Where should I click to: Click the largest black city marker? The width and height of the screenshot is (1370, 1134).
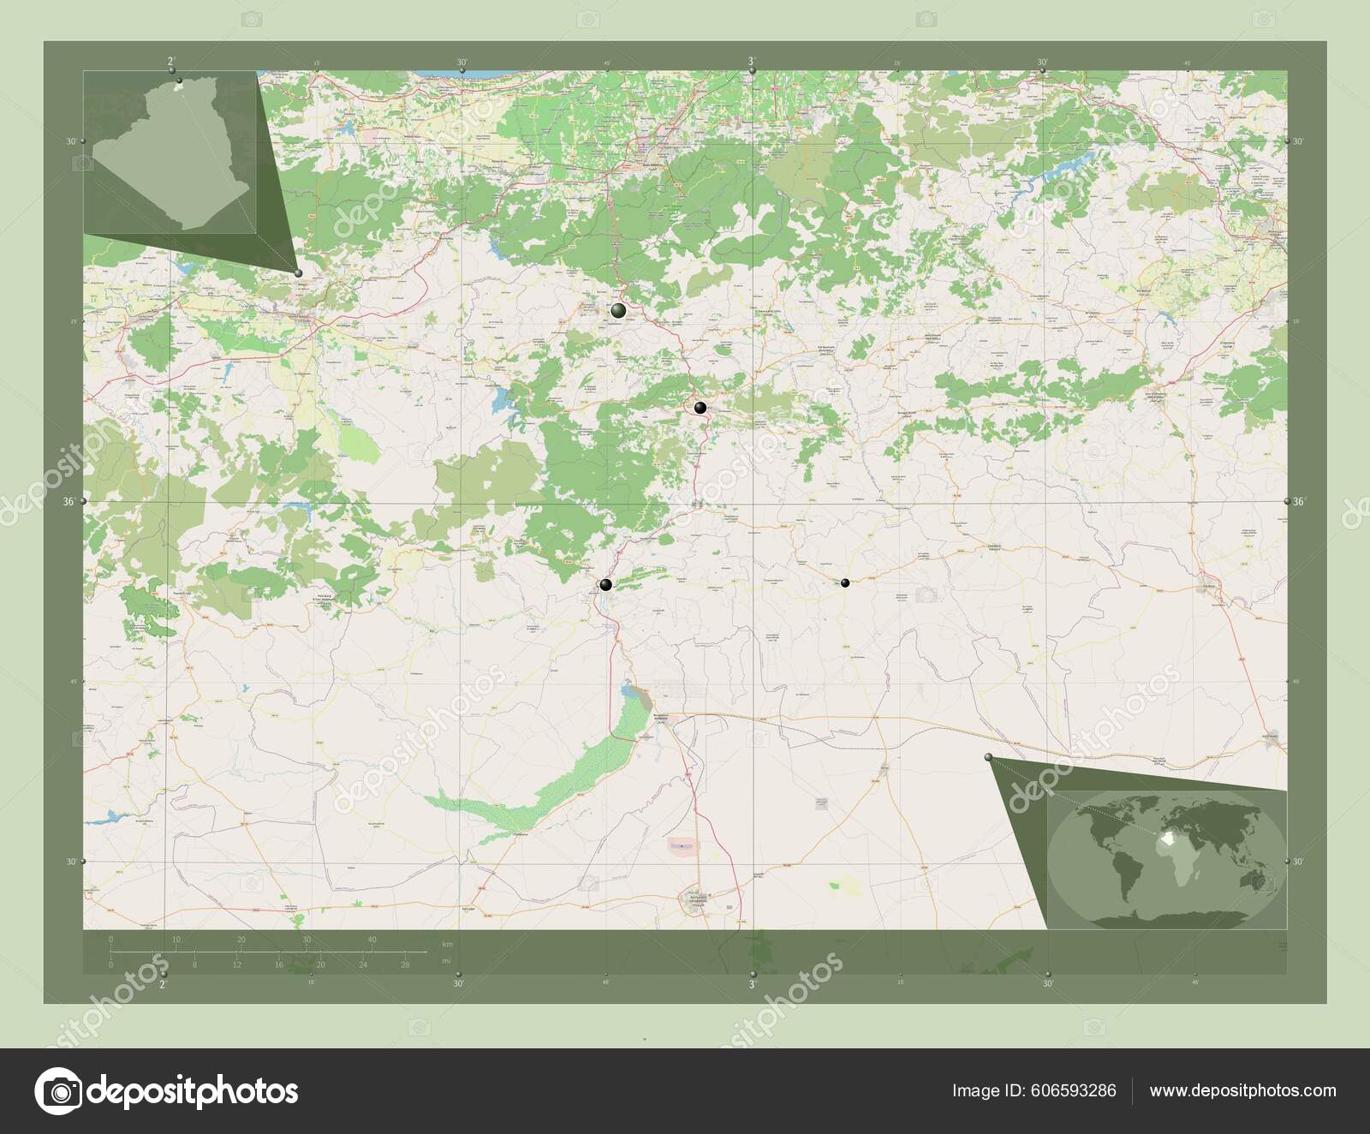pyautogui.click(x=618, y=311)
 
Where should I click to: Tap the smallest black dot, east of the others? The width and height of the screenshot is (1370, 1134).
pyautogui.click(x=845, y=583)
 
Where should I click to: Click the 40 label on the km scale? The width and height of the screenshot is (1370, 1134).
pyautogui.click(x=372, y=940)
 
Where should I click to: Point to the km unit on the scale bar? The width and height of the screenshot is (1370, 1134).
pyautogui.click(x=446, y=944)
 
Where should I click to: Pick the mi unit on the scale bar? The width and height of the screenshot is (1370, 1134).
pyautogui.click(x=446, y=961)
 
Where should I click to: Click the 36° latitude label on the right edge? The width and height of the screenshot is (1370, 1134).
pyautogui.click(x=1299, y=502)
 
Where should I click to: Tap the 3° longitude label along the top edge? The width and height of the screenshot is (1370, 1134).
pyautogui.click(x=752, y=62)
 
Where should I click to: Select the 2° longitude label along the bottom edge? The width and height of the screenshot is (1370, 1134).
pyautogui.click(x=163, y=985)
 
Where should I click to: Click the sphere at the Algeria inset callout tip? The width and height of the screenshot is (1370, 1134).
pyautogui.click(x=298, y=273)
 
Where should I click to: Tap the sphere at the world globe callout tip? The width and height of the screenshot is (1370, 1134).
pyautogui.click(x=989, y=757)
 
